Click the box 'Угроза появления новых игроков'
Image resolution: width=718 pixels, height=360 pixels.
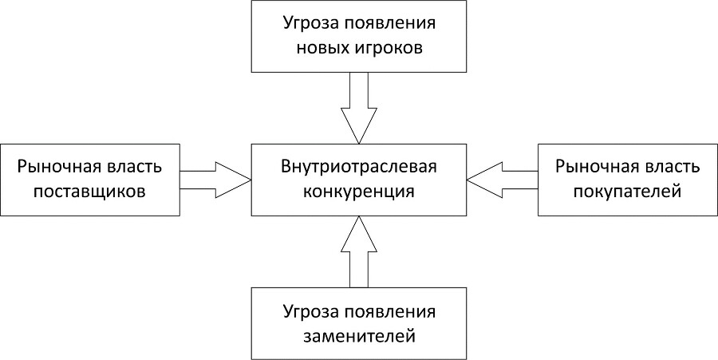tap(358, 36)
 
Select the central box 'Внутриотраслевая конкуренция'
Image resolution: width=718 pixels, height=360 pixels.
tap(358, 180)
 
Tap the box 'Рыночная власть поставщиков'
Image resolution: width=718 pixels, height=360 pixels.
tap(90, 180)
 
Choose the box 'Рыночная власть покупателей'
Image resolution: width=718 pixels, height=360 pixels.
tap(627, 180)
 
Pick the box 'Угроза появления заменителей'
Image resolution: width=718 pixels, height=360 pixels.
tap(358, 323)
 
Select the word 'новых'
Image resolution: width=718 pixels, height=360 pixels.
tap(325, 48)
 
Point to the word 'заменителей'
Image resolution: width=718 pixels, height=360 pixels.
tap(358, 335)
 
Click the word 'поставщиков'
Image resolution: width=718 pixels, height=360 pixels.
tap(90, 192)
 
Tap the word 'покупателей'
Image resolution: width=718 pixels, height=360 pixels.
tap(627, 192)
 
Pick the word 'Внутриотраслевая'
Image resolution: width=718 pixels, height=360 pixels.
tap(358, 168)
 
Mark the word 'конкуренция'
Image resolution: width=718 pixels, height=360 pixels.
tap(358, 192)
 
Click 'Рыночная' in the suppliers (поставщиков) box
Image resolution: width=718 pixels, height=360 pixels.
tap(60, 168)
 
